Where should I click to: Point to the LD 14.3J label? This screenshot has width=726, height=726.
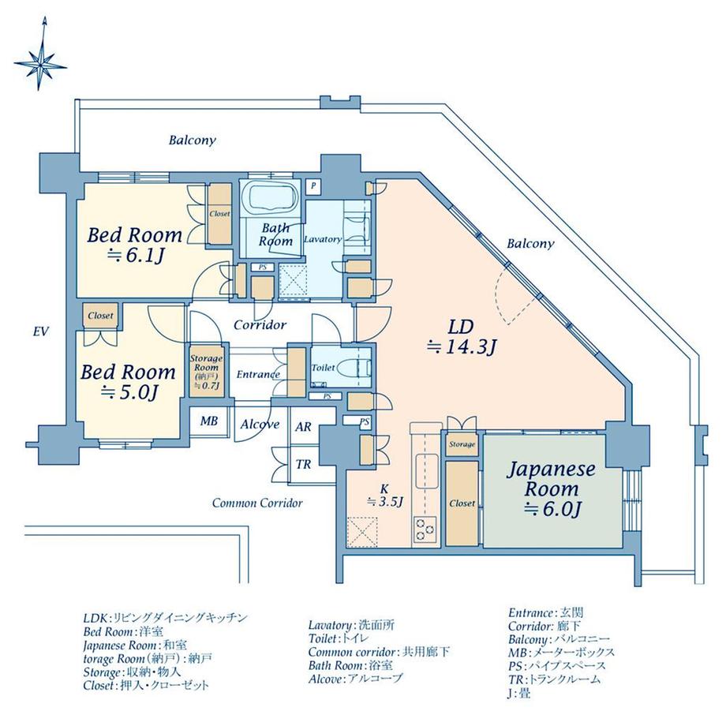point(460,335)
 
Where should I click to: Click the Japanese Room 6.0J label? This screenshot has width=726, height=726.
point(550,488)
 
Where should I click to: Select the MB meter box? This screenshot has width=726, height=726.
point(208,421)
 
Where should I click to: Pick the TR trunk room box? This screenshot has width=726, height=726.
point(303,463)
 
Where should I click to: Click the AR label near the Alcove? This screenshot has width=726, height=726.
point(303,427)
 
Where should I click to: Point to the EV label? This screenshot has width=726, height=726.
point(42,332)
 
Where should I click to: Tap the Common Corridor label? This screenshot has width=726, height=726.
point(257,502)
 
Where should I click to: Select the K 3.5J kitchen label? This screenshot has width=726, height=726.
point(385,495)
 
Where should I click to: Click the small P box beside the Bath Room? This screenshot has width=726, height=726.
point(313,187)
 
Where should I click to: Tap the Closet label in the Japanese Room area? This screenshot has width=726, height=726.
point(462,503)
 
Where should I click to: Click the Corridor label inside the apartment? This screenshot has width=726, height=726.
point(260,324)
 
